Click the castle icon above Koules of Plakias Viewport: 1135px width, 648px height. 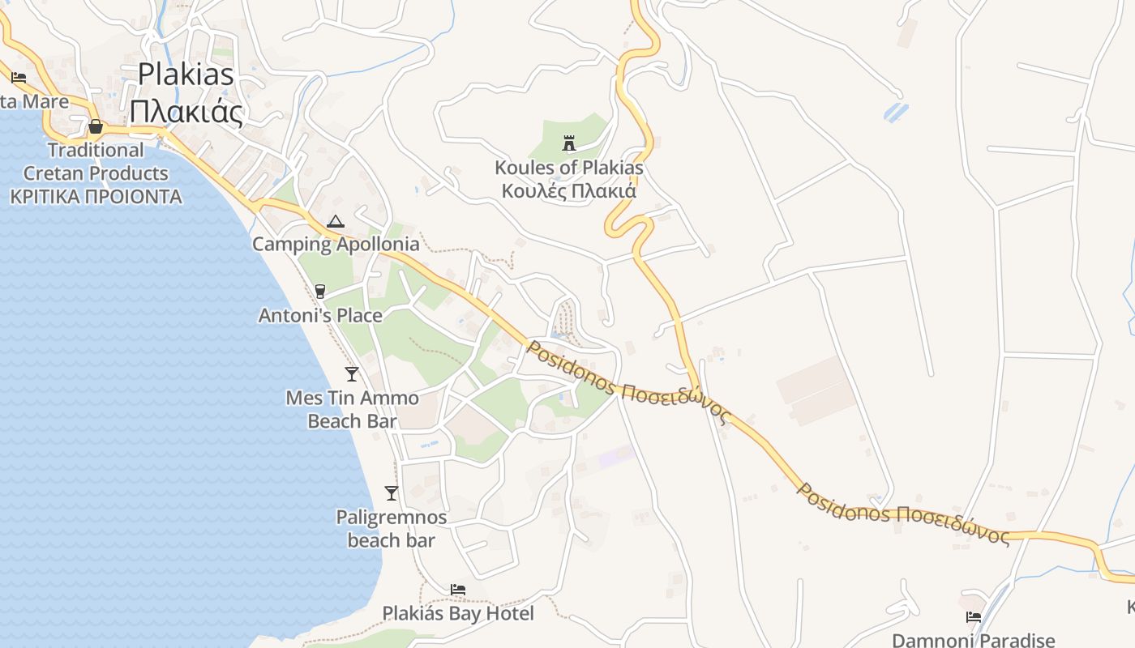pos(569,143)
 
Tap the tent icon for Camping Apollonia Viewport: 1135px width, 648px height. pos(335,220)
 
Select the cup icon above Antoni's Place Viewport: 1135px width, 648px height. pos(320,292)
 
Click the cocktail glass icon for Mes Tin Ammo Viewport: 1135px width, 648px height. pos(352,373)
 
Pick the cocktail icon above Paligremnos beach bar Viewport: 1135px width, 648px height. pos(392,492)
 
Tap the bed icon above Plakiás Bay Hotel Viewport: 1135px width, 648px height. pos(458,590)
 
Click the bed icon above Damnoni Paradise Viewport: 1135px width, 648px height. pos(974,617)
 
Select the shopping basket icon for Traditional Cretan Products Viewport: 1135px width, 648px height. pos(96,126)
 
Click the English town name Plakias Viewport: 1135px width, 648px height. pos(186,75)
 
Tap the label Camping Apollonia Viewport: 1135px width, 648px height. pos(336,244)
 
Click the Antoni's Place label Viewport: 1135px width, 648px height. pos(320,315)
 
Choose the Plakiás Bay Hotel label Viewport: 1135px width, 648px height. pos(458,613)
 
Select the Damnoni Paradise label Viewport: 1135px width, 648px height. pos(974,640)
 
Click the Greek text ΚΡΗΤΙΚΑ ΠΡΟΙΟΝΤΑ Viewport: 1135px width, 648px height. pos(96,197)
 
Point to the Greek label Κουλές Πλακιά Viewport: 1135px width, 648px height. pos(569,191)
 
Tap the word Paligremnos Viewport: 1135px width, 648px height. pos(392,517)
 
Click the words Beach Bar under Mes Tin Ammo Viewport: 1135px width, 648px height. pos(352,421)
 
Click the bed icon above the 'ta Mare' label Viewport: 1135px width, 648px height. pos(19,78)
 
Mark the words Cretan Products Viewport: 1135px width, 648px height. pos(96,173)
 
